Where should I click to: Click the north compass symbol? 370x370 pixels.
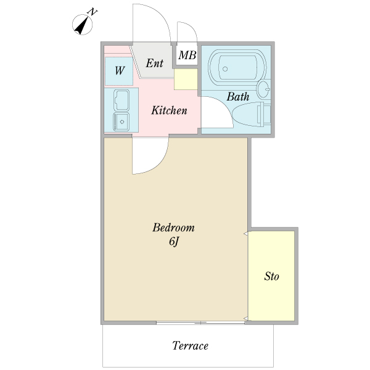pyautogui.click(x=83, y=25)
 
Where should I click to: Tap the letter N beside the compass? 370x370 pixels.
pyautogui.click(x=92, y=12)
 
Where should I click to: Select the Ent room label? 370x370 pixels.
pyautogui.click(x=155, y=63)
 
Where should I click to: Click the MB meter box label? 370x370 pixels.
pyautogui.click(x=187, y=55)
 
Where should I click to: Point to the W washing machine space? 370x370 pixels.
pyautogui.click(x=119, y=70)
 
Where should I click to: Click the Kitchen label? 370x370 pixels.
pyautogui.click(x=169, y=110)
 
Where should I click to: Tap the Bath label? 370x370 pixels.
pyautogui.click(x=238, y=97)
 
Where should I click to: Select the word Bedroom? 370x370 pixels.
pyautogui.click(x=173, y=228)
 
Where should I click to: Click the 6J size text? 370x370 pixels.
pyautogui.click(x=174, y=242)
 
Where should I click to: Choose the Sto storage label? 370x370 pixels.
pyautogui.click(x=271, y=276)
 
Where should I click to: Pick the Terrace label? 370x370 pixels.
pyautogui.click(x=190, y=346)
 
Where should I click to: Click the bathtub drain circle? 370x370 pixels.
pyautogui.click(x=225, y=69)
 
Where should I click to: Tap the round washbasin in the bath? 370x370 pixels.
pyautogui.click(x=263, y=89)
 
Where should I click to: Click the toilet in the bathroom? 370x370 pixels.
pyautogui.click(x=252, y=115)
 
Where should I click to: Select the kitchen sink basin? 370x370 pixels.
pyautogui.click(x=121, y=100)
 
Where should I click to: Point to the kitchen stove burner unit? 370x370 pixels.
pyautogui.click(x=121, y=121)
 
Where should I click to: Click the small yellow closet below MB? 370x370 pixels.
pyautogui.click(x=186, y=80)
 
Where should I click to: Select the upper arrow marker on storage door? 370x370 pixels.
pyautogui.click(x=245, y=234)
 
